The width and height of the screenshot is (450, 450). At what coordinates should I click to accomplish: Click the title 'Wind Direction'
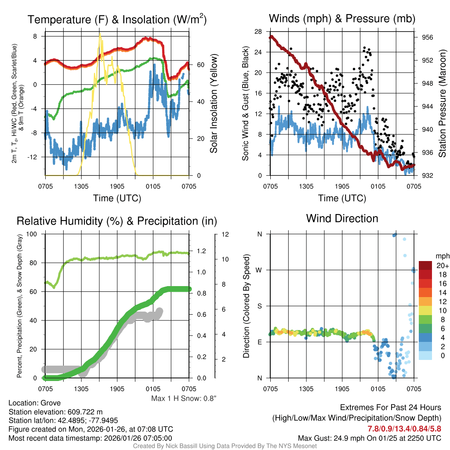342,218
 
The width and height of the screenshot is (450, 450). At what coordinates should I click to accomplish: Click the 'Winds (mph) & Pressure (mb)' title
342,18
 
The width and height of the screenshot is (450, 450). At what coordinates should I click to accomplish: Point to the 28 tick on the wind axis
258,32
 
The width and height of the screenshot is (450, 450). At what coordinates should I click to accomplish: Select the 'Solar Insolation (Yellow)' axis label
214,104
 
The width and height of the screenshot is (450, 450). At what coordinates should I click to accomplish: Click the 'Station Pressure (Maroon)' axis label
443,104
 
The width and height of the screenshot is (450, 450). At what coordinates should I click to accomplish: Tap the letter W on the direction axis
259,270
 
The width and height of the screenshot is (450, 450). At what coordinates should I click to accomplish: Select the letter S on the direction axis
259,306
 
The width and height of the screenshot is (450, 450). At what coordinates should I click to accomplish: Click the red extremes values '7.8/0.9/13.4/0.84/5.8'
404,428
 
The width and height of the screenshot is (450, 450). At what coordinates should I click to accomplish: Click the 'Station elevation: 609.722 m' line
55,412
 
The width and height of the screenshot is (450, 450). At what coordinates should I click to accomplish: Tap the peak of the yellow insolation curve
100,34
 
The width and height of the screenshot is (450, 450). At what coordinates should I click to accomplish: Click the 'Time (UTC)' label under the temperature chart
117,198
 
